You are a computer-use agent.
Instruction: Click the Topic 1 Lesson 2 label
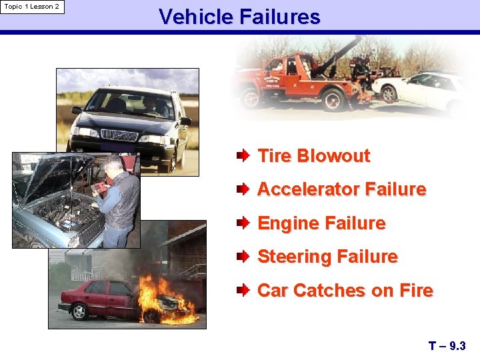[32, 7]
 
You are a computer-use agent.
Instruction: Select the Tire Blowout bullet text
[313, 156]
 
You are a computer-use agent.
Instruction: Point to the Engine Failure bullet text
[321, 223]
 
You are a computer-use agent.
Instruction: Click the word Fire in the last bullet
[417, 291]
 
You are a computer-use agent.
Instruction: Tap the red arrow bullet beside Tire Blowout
[243, 156]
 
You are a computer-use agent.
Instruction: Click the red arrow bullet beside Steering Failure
[243, 257]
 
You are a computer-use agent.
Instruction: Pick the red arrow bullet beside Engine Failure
[243, 223]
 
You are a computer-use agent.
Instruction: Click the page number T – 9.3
[447, 346]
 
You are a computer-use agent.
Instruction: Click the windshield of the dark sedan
[130, 103]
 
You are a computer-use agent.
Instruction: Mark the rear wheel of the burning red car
[81, 311]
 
